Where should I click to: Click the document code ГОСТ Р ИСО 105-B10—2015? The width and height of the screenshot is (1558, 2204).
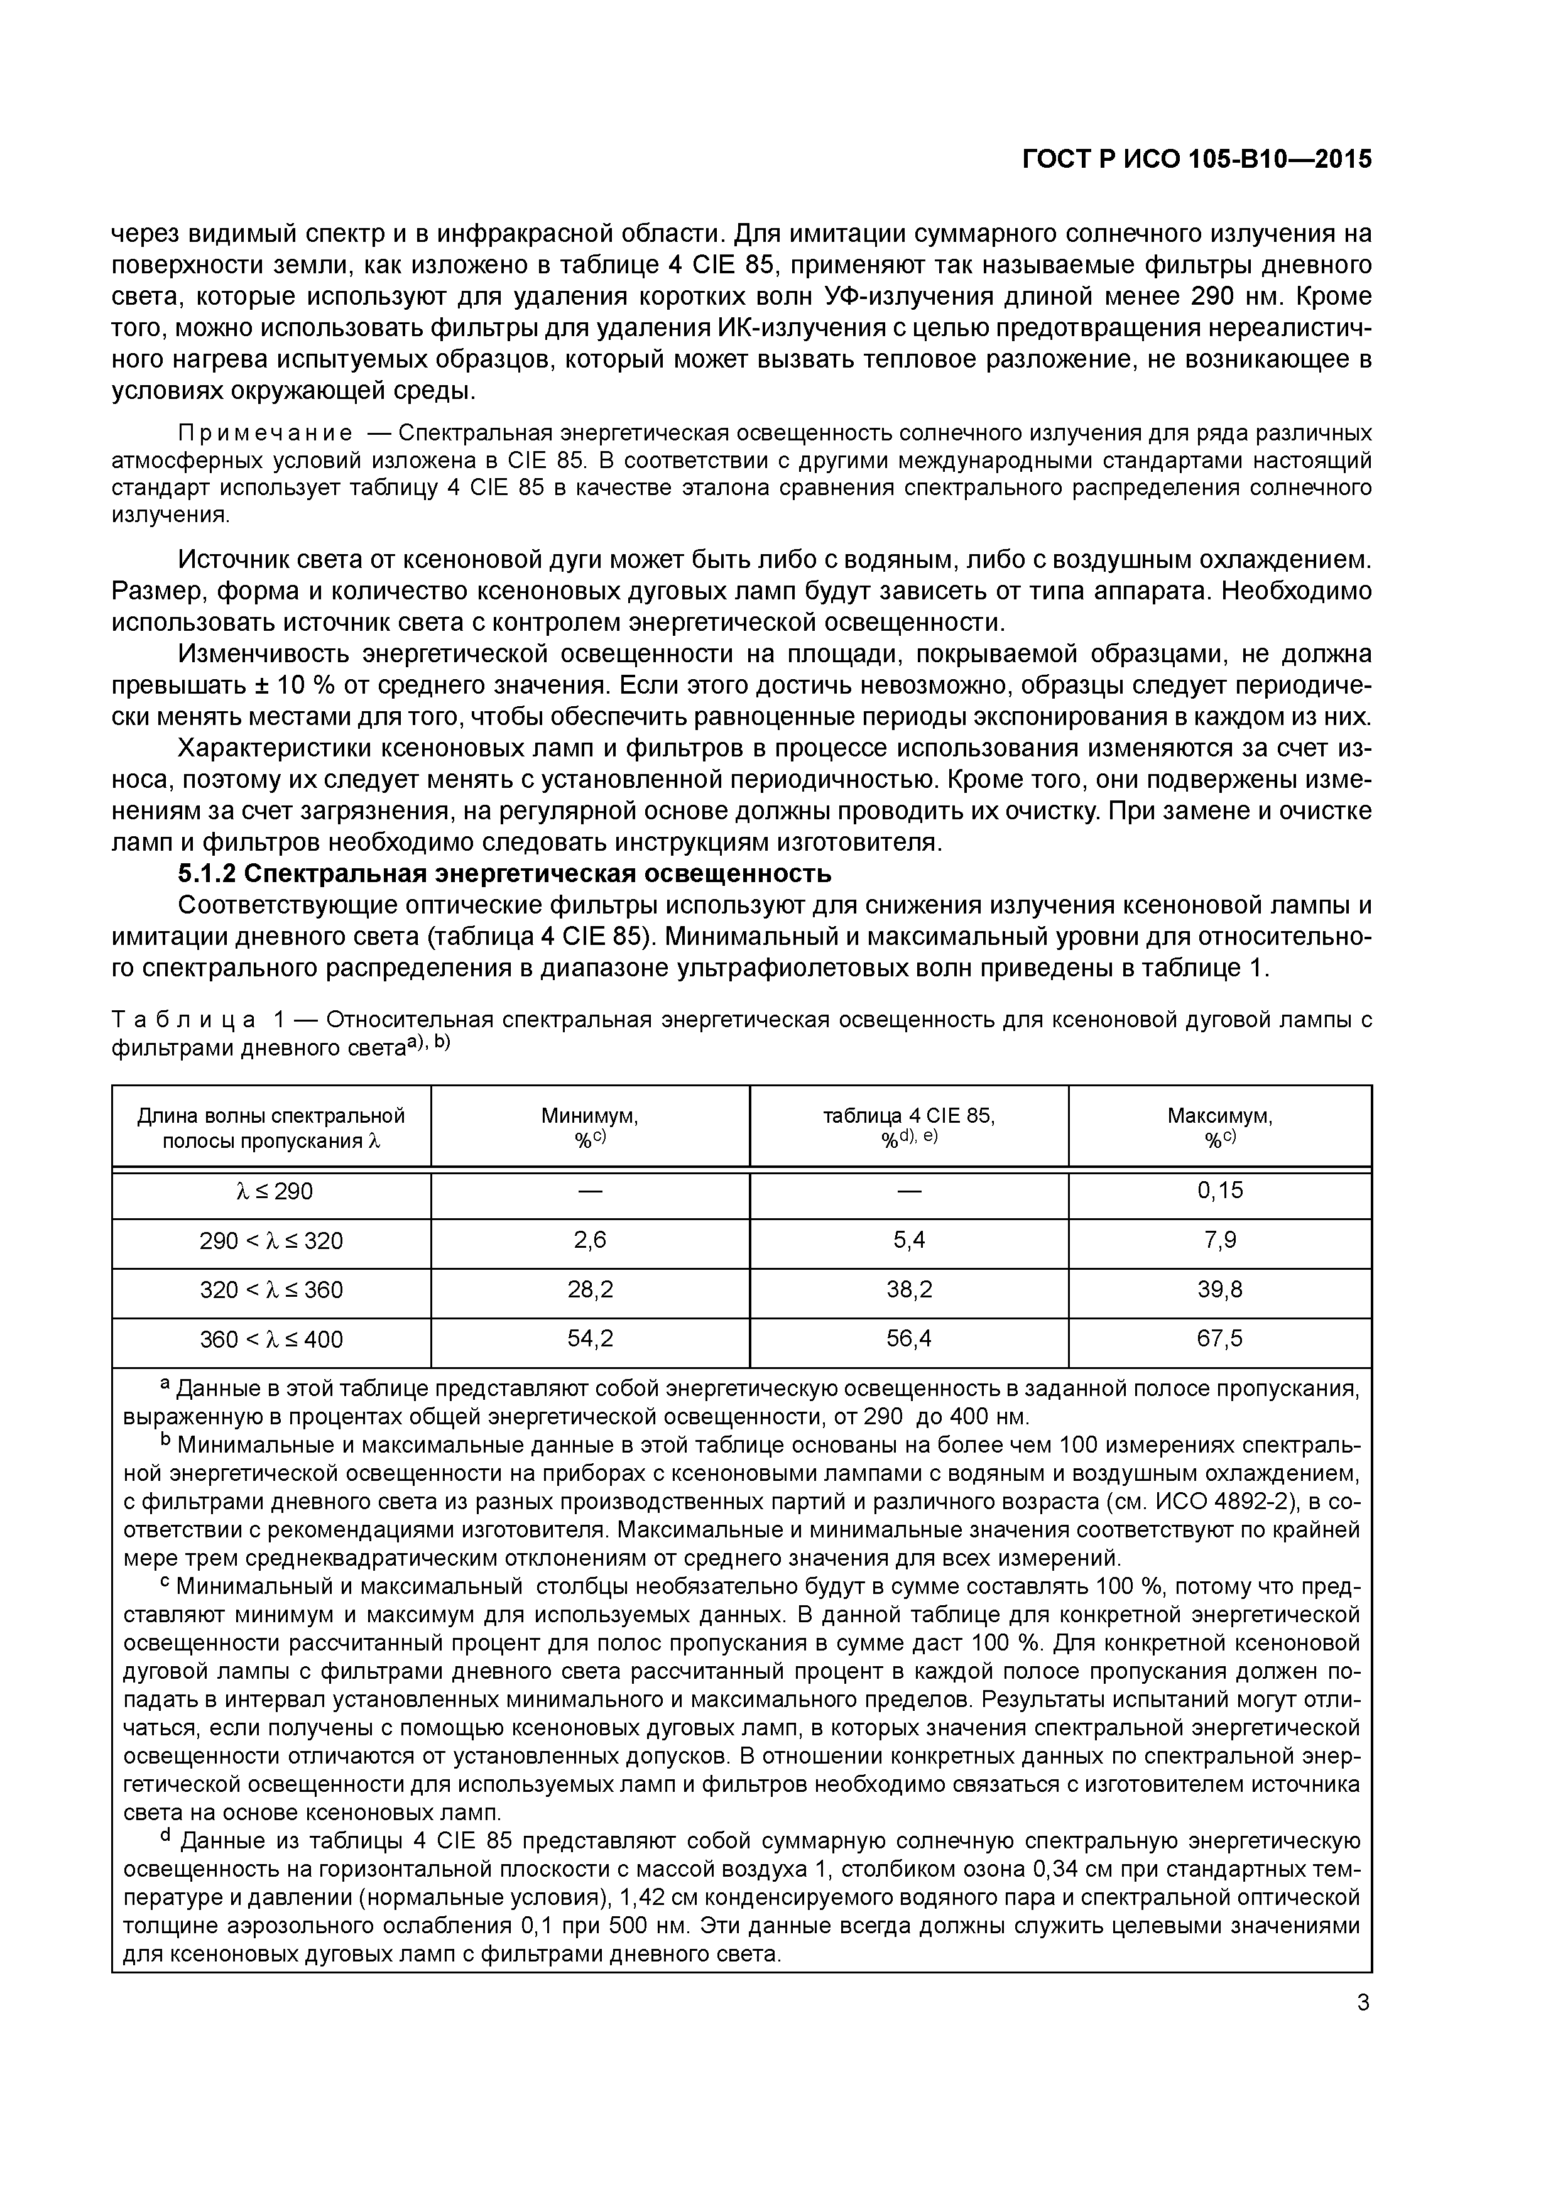point(1196,160)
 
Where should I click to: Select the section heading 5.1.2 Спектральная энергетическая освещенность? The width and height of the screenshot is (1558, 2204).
point(504,875)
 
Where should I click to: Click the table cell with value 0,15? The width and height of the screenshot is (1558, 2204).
point(1219,1191)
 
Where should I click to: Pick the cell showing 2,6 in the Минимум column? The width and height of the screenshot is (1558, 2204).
point(589,1240)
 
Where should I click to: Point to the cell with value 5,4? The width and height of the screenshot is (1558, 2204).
point(908,1240)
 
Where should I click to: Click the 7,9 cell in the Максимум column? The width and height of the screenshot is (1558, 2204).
point(1219,1240)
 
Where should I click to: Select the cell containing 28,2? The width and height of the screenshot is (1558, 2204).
point(589,1290)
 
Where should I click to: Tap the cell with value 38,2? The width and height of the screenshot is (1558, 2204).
point(908,1290)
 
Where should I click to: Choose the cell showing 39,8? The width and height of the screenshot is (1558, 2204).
point(1219,1290)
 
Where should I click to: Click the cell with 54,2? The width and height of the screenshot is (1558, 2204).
point(589,1339)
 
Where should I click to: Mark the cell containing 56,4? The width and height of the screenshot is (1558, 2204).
point(908,1339)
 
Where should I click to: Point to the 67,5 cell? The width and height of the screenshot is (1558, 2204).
point(1219,1339)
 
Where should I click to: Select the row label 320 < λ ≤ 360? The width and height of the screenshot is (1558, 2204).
point(271,1290)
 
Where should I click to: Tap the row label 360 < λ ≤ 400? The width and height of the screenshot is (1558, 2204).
point(271,1339)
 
